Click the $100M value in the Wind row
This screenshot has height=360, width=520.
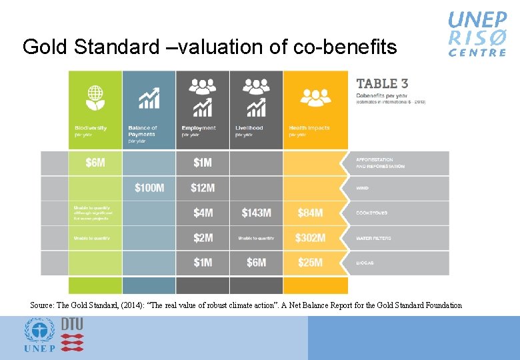pyautogui.click(x=149, y=188)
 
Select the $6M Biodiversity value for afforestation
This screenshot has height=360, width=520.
pyautogui.click(x=95, y=163)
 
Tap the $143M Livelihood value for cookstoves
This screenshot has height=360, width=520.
pyautogui.click(x=257, y=213)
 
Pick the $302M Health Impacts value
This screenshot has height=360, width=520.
pyautogui.click(x=311, y=238)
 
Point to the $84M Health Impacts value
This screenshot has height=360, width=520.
pyautogui.click(x=311, y=213)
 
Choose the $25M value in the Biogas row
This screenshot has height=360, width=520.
pyautogui.click(x=311, y=263)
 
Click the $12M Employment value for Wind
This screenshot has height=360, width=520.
pyautogui.click(x=203, y=188)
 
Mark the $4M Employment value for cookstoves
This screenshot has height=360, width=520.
pyautogui.click(x=203, y=213)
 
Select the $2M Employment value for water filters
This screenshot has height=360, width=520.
pyautogui.click(x=203, y=238)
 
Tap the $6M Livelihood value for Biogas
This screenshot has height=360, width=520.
pyautogui.click(x=257, y=263)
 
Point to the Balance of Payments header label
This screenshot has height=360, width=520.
pyautogui.click(x=143, y=131)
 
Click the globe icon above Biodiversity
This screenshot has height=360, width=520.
pyautogui.click(x=95, y=97)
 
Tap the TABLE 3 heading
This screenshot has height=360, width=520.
pyautogui.click(x=382, y=84)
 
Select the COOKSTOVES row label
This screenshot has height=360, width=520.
pyautogui.click(x=372, y=213)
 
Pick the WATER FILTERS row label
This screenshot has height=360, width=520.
pyautogui.click(x=374, y=238)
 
